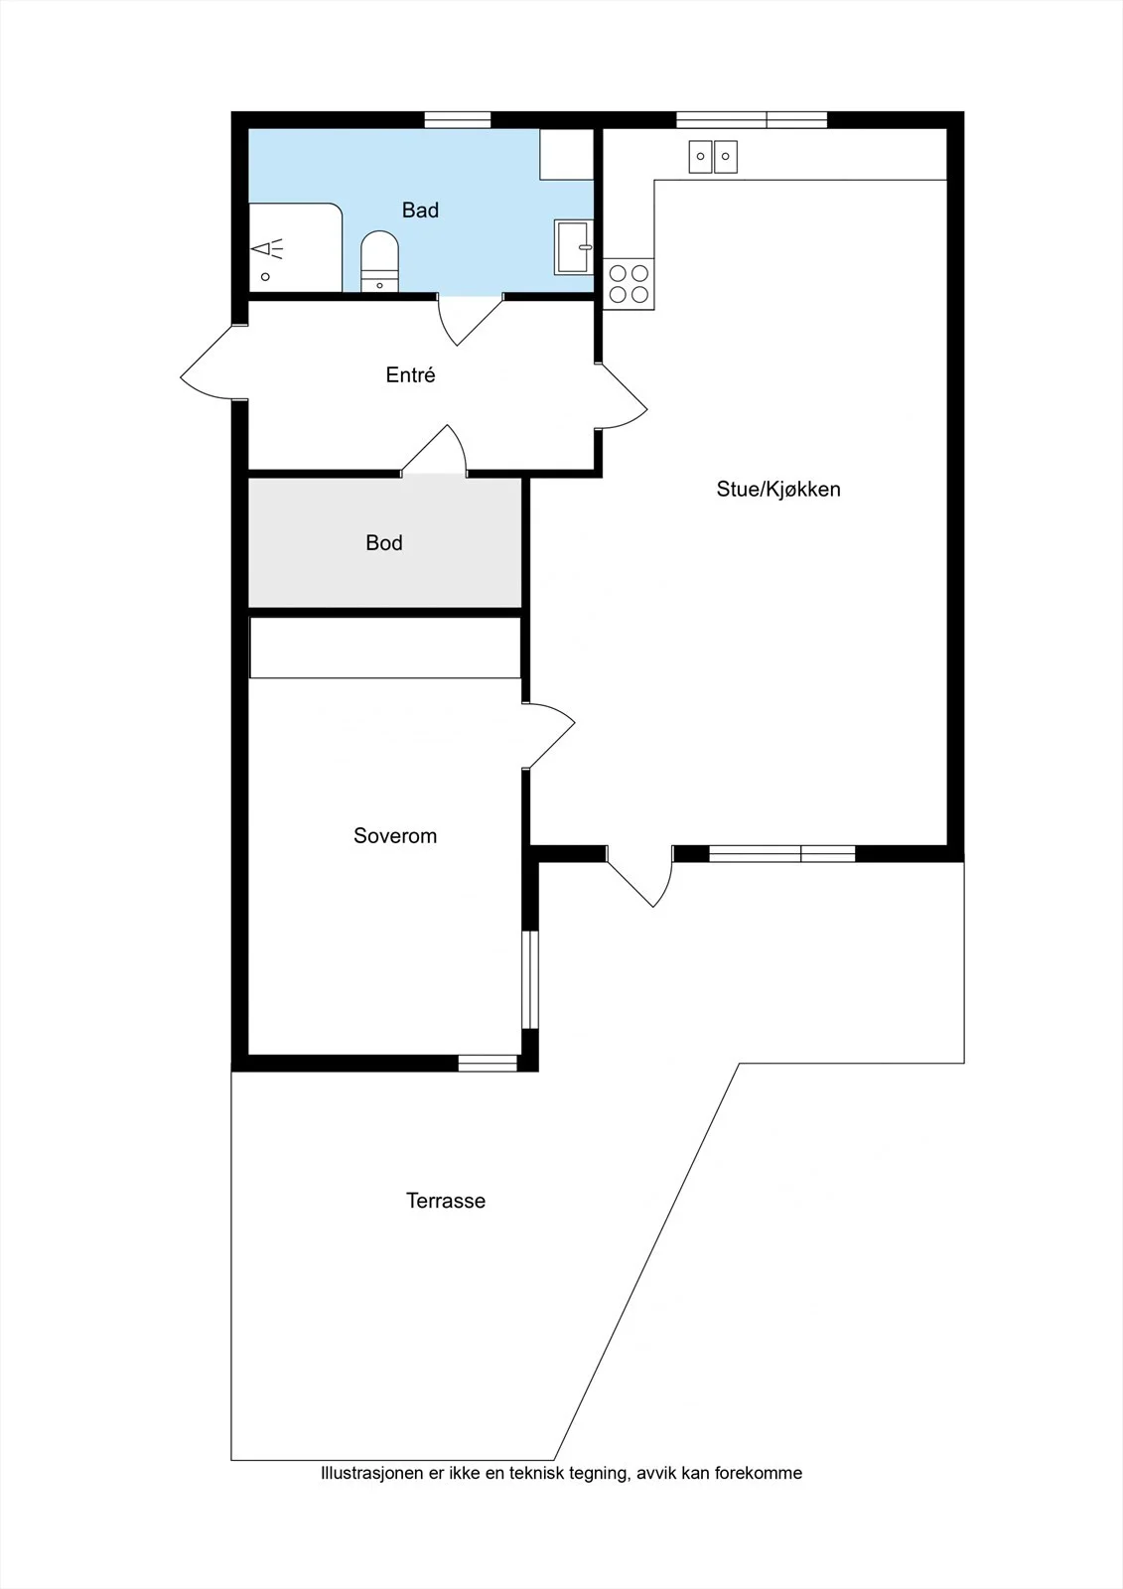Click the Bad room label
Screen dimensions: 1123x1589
tap(420, 210)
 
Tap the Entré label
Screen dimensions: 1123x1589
tap(410, 374)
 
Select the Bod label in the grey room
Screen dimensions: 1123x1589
tap(384, 542)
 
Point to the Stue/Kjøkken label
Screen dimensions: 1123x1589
tap(778, 489)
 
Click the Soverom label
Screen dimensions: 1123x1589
tap(395, 835)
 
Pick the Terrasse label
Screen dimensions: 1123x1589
tap(446, 1201)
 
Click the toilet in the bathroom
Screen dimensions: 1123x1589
tap(379, 261)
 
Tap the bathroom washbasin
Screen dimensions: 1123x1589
tap(573, 247)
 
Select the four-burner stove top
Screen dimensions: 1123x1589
tap(629, 284)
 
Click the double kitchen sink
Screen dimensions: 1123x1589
tap(713, 157)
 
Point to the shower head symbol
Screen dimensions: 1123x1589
tap(266, 248)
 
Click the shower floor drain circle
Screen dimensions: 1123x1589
tap(265, 277)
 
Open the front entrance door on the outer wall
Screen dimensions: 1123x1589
tap(212, 363)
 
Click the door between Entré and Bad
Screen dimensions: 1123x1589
tap(470, 321)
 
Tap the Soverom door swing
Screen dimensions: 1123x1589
tap(549, 735)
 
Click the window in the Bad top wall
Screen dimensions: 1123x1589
tap(458, 120)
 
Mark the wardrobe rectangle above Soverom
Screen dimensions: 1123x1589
tap(385, 648)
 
